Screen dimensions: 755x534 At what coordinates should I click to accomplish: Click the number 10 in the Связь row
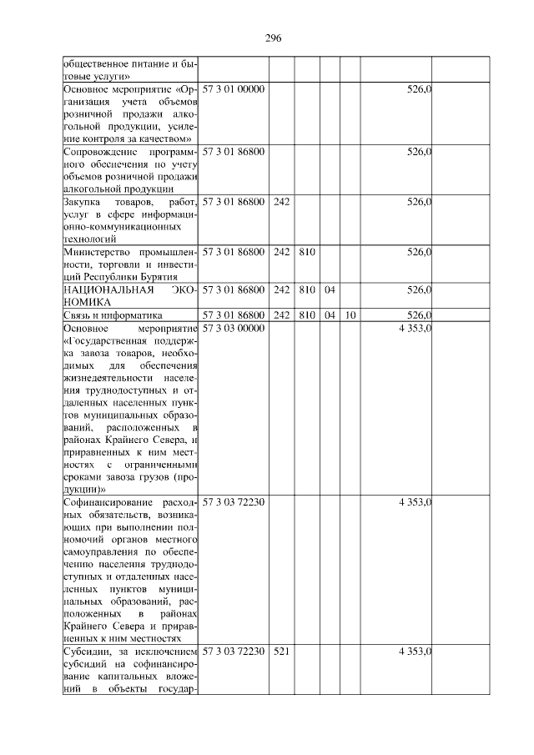pos(352,315)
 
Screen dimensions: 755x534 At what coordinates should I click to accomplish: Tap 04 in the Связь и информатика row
pos(330,315)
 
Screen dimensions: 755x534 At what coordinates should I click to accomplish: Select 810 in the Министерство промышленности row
pos(306,252)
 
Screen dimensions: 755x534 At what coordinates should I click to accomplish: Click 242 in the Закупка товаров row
pos(281,202)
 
